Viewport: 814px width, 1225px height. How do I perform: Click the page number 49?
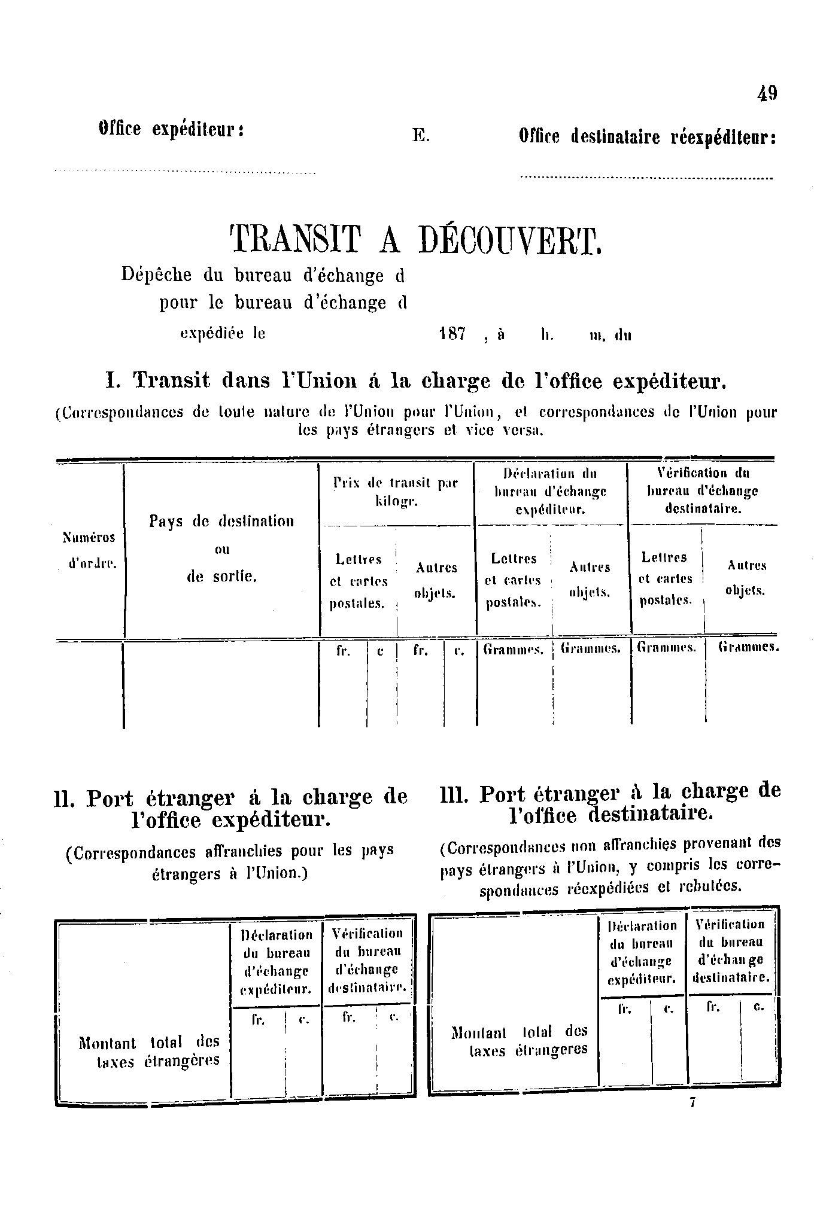click(x=767, y=93)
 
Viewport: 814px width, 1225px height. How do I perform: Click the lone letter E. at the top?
click(x=421, y=136)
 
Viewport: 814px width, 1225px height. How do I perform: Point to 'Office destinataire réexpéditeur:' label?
click(x=648, y=138)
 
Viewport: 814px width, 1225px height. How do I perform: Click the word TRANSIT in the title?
click(x=296, y=240)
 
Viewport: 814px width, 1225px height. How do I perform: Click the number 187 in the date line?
click(x=452, y=334)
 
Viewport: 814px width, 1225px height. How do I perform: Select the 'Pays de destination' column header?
click(x=221, y=522)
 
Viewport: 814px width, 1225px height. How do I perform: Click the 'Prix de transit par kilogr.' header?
click(x=396, y=492)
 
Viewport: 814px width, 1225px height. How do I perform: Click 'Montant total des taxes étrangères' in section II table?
click(x=149, y=1051)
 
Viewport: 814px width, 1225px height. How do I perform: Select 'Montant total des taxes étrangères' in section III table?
click(x=520, y=1041)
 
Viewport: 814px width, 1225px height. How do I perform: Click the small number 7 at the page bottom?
click(x=692, y=1103)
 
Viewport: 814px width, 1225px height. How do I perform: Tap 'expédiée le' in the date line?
click(x=223, y=334)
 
